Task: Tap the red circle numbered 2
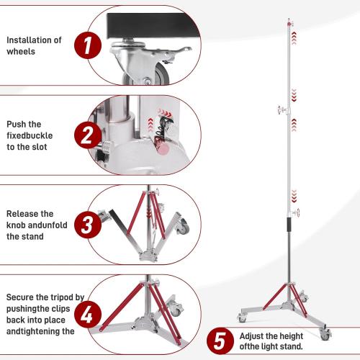coord(87,135)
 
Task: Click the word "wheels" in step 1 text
coord(21,52)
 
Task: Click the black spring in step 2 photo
coord(165,127)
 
